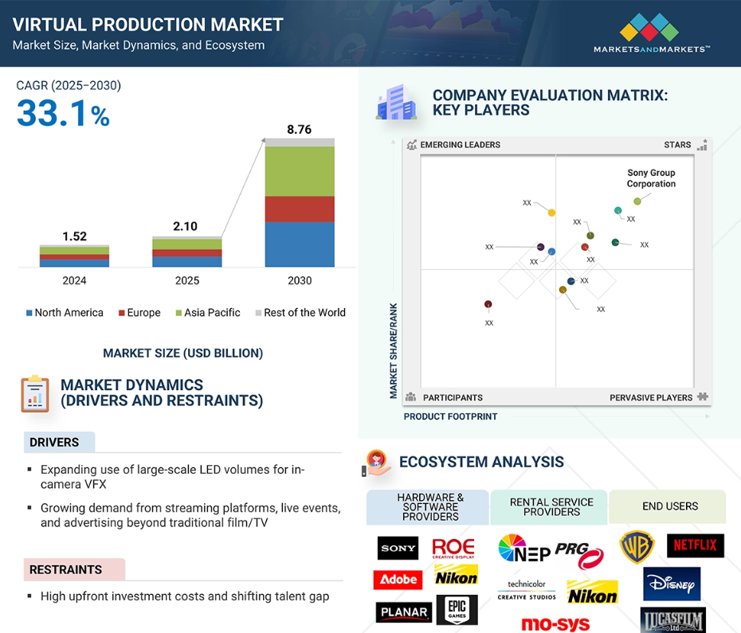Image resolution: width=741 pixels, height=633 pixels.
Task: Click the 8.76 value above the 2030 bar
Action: (299, 130)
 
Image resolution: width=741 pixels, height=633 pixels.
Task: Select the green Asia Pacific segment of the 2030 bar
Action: (300, 171)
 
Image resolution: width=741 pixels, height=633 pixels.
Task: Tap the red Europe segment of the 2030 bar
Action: (300, 209)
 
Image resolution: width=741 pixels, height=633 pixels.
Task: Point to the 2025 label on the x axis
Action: (187, 280)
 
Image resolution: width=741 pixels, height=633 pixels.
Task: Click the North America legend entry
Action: (65, 313)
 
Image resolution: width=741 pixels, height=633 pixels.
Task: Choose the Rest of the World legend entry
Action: (300, 313)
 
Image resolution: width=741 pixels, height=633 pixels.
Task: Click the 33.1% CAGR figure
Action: (63, 113)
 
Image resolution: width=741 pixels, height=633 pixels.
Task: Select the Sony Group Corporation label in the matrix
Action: (651, 178)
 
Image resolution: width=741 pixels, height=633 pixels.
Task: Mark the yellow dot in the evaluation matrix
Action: (551, 213)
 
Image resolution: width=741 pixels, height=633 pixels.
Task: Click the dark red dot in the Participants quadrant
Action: (488, 304)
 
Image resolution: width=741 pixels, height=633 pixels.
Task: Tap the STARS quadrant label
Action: (677, 145)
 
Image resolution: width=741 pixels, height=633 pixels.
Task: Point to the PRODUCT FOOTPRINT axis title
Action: (450, 416)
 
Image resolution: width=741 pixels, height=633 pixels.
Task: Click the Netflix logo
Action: (695, 545)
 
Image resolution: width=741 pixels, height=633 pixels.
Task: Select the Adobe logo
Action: (398, 580)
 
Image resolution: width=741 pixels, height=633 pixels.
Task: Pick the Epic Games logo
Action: (457, 609)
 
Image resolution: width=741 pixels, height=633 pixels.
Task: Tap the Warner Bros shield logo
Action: (637, 547)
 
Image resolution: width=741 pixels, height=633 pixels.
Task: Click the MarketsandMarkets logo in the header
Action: (651, 33)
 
